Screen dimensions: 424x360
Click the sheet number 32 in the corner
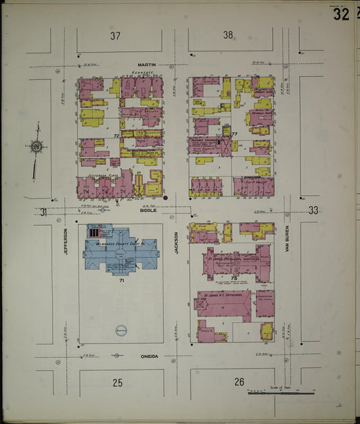(x=341, y=14)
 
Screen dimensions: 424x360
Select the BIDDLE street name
(x=148, y=210)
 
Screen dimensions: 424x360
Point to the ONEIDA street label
(x=149, y=356)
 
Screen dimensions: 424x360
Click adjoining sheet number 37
(x=115, y=36)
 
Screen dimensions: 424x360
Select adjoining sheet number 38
(x=228, y=35)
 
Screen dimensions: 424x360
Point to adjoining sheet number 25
(x=118, y=383)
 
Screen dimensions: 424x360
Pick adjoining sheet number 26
(x=239, y=383)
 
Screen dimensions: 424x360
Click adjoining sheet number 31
(x=43, y=212)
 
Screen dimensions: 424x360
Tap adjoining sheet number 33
(x=313, y=210)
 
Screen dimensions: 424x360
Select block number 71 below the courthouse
(x=122, y=280)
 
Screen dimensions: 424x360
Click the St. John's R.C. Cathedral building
(x=223, y=304)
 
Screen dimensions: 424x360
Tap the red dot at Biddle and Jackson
(x=165, y=198)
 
